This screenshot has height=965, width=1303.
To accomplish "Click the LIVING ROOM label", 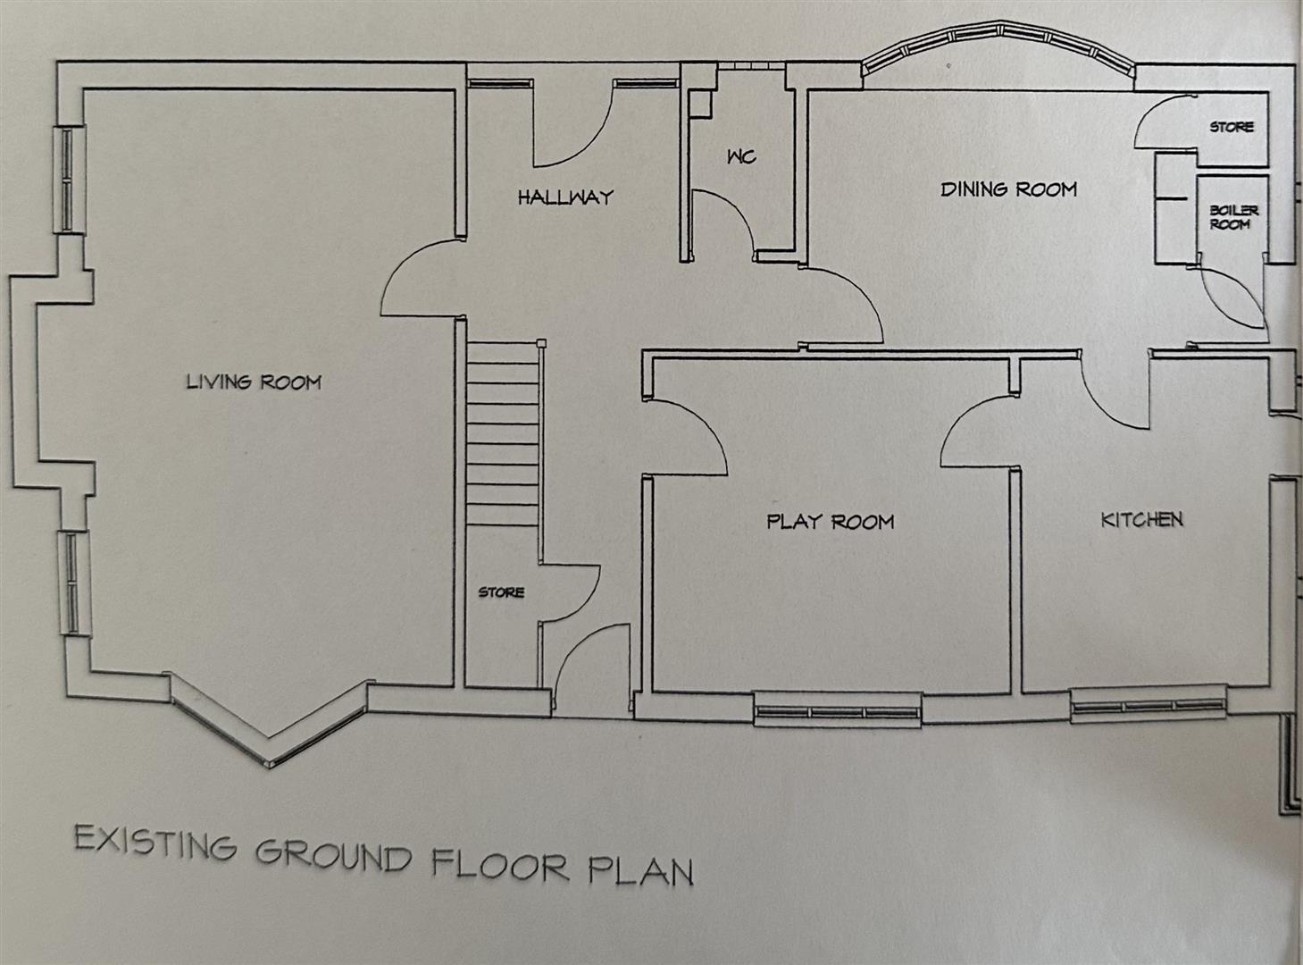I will coord(254,382).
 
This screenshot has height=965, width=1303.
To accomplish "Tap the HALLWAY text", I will coord(565,197).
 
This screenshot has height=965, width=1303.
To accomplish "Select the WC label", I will coord(741,157).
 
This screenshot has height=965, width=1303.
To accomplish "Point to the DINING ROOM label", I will coord(1008,189).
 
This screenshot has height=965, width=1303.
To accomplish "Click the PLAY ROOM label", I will coord(830,521).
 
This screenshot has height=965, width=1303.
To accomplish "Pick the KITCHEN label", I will coord(1141,519).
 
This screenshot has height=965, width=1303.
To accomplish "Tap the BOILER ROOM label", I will coord(1233,217).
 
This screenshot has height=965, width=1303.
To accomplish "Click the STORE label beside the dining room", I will coord(1232,128).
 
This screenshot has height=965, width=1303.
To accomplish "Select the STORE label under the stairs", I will coord(501,592).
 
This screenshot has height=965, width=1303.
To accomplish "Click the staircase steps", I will coord(502,438).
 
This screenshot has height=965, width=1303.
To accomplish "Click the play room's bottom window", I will coord(837,712).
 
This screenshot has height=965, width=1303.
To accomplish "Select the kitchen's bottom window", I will coord(1148,704).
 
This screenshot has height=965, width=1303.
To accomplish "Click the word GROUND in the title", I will coord(333,855).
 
